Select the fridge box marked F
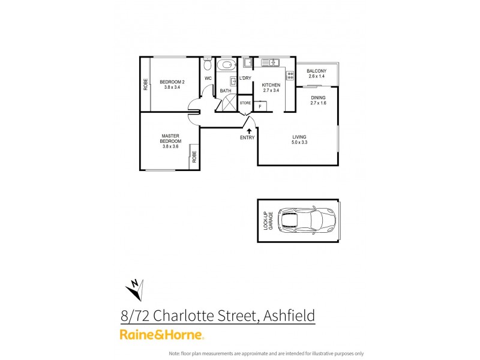click(260, 106)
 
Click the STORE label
click(245, 103)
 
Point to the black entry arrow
click(249, 130)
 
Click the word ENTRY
click(247, 137)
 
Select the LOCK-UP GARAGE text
click(268, 221)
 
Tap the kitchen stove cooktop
click(290, 76)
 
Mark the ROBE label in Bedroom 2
click(145, 85)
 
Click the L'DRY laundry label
click(245, 79)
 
